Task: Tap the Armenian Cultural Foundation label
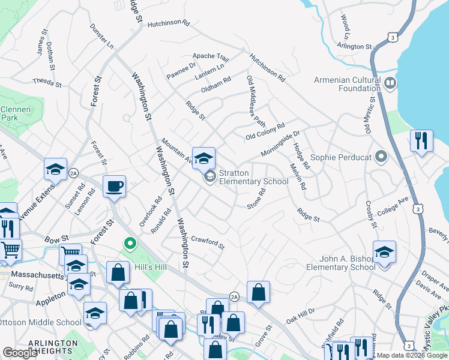pyautogui.click(x=348, y=85)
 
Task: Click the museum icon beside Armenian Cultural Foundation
pyautogui.click(x=390, y=82)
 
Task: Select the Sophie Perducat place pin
pyautogui.click(x=381, y=157)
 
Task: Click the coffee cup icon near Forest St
pyautogui.click(x=113, y=186)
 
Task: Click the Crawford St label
pyautogui.click(x=207, y=242)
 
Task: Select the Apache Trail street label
pyautogui.click(x=211, y=57)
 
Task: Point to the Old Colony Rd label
pyautogui.click(x=265, y=133)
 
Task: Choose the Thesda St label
pyautogui.click(x=47, y=82)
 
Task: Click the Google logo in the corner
pyautogui.click(x=20, y=353)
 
